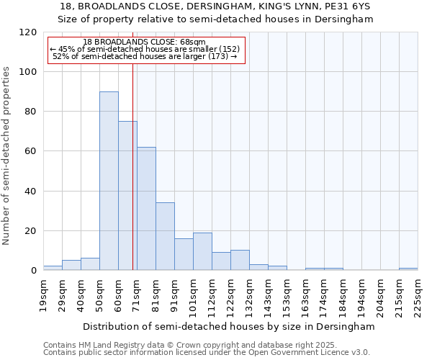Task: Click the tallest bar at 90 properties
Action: [109, 181]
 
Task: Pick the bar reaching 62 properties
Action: [146, 209]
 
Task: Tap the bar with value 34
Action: [165, 236]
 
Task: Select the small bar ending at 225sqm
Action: [408, 269]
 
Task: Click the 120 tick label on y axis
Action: [28, 32]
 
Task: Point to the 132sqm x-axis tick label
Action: [249, 295]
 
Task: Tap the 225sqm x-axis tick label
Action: [418, 295]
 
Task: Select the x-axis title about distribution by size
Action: [229, 326]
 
